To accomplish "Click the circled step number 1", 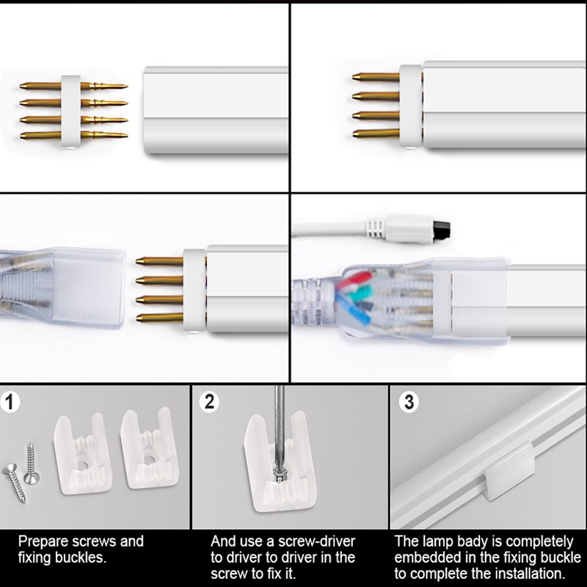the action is coord(10,402).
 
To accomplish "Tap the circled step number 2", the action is coord(209,401).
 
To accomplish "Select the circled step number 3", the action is coord(409,402).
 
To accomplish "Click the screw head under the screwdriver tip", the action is coord(280,473).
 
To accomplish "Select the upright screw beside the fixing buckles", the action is coord(31,463).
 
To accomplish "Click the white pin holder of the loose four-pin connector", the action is coord(70,112).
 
